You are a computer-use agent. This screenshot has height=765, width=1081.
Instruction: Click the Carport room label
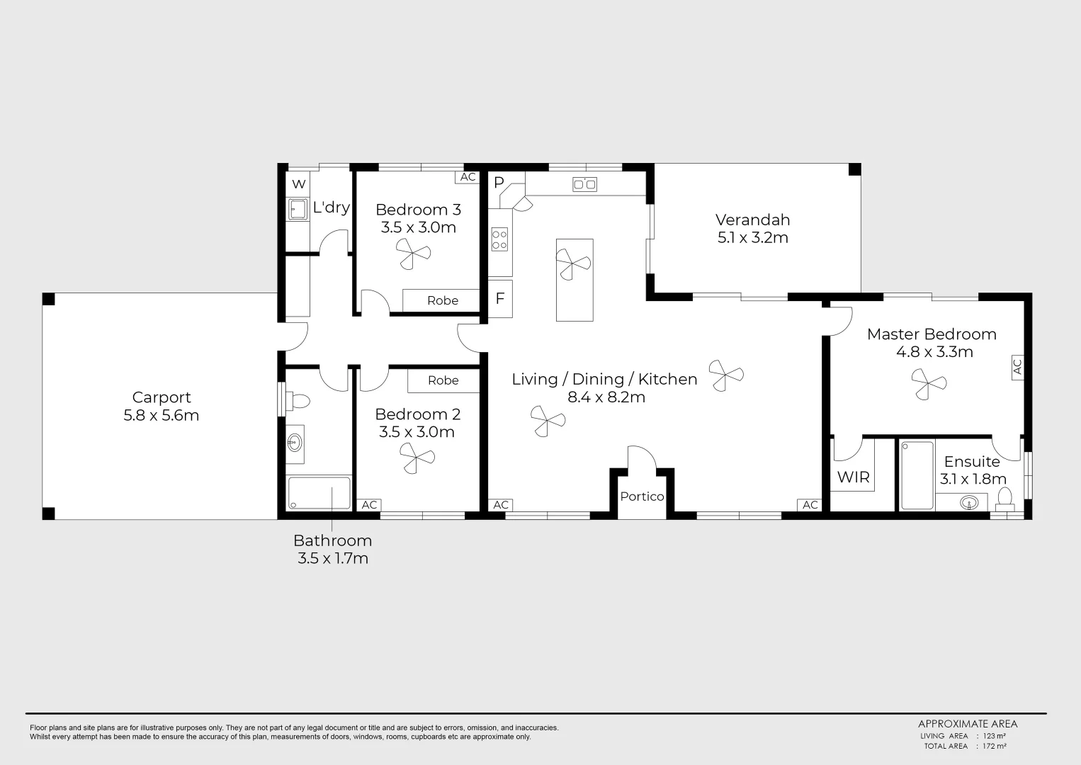tap(162, 397)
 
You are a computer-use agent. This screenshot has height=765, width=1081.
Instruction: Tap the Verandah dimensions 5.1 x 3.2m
tap(752, 238)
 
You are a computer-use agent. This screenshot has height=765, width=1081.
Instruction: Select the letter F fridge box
tap(499, 299)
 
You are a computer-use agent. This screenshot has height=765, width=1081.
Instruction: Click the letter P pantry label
tap(499, 183)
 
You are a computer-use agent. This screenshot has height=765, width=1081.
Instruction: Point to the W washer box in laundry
tap(298, 184)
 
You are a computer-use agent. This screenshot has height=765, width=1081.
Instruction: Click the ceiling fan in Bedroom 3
tap(412, 253)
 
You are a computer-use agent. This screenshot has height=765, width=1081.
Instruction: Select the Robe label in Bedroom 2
tap(443, 381)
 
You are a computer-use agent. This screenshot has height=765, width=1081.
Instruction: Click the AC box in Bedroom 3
tap(468, 177)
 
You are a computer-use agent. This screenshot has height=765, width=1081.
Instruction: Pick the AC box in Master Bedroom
tap(1017, 367)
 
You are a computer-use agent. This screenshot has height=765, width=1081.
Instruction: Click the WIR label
tap(853, 477)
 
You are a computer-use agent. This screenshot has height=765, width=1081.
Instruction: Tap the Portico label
tap(642, 497)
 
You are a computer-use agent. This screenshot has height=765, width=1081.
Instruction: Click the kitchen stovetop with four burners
tap(499, 239)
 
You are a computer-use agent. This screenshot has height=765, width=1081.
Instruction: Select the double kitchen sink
tap(584, 184)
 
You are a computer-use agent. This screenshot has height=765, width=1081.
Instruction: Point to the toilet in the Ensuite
tap(1003, 498)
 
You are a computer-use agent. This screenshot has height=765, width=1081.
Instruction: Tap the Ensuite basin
tap(969, 503)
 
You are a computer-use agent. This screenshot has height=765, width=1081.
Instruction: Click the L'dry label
tap(331, 208)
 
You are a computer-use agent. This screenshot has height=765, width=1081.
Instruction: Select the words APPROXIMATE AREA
tap(967, 724)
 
